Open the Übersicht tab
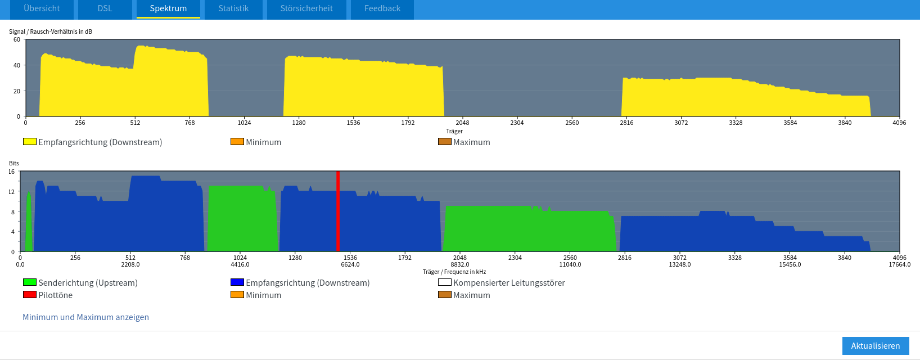(42, 8)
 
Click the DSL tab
(105, 8)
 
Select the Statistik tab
(233, 8)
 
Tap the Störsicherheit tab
(306, 8)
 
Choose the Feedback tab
(382, 8)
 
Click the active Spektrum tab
(168, 8)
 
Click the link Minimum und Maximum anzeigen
(85, 317)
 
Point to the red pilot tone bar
(338, 211)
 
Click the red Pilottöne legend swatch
(30, 295)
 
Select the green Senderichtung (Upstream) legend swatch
(30, 282)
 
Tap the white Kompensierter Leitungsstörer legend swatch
(445, 282)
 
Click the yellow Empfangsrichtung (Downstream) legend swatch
(30, 142)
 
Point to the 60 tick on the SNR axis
(17, 40)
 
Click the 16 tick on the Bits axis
(11, 172)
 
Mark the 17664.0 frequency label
(900, 264)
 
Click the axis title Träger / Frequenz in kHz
(454, 272)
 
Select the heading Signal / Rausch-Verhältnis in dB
(51, 31)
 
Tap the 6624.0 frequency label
(350, 264)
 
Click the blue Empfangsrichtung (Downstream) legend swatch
(237, 282)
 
